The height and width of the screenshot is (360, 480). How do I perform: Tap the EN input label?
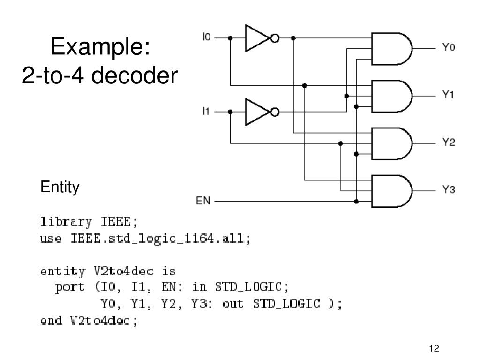point(203,202)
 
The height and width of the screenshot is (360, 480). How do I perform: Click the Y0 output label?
point(449,48)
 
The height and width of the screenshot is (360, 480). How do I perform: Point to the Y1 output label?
point(449,95)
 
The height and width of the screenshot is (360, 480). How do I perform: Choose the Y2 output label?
point(449,142)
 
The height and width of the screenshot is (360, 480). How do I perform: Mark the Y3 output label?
point(449,190)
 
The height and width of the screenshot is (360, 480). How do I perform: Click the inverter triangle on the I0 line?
point(256,38)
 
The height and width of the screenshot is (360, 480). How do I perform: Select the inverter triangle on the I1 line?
point(256,112)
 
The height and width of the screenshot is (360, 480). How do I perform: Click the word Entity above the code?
point(60,187)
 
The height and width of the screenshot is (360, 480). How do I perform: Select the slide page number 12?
point(434,348)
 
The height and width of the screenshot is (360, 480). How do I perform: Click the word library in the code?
point(66,221)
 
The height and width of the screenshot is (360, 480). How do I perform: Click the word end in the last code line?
point(49,321)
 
